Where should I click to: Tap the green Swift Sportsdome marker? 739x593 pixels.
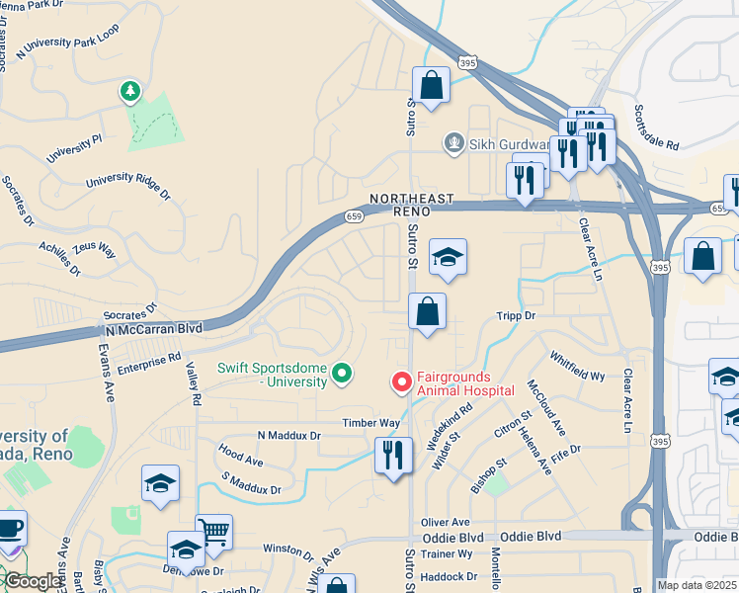click(342, 373)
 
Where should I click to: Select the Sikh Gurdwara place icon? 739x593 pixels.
click(453, 144)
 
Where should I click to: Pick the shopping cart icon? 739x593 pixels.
click(213, 533)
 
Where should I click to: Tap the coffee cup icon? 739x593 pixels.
click(9, 529)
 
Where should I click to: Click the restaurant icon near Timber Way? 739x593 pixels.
click(393, 456)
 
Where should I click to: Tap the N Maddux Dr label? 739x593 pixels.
click(289, 435)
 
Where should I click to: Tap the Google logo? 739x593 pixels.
click(33, 581)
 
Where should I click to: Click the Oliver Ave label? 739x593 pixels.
click(446, 522)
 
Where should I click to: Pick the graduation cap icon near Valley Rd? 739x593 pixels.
click(160, 483)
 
